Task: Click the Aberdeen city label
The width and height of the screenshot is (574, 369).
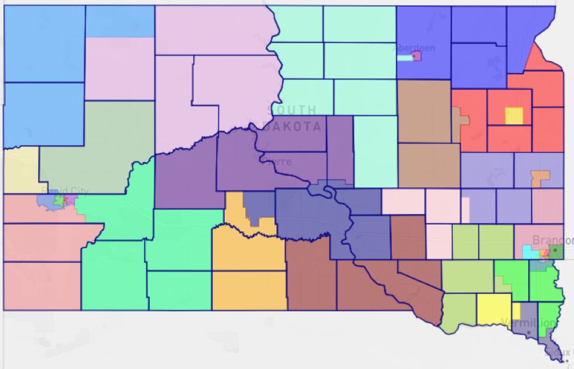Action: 414,48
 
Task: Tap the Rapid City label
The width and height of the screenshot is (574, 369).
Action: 65,191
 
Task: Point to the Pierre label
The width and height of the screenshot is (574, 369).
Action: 278,161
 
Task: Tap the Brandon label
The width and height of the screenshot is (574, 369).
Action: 552,241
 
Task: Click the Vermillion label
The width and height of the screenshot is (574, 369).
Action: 528,323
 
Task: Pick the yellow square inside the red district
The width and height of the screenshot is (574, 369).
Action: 514,116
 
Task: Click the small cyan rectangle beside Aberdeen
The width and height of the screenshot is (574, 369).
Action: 404,58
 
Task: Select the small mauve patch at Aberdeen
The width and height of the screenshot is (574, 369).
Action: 417,56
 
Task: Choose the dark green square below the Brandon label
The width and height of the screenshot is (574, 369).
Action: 556,252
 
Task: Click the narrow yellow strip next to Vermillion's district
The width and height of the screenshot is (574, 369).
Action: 516,311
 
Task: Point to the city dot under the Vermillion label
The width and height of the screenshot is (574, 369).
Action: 529,333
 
